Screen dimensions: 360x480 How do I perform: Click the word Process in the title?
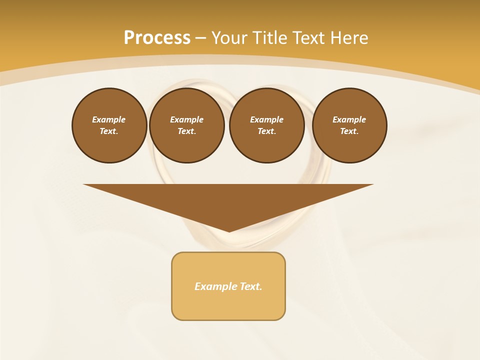tap(157, 38)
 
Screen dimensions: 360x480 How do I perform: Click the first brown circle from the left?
tap(109, 125)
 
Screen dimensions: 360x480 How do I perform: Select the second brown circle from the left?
tap(186, 125)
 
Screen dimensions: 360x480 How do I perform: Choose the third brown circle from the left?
tap(266, 125)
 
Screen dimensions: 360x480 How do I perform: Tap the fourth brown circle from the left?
tap(349, 125)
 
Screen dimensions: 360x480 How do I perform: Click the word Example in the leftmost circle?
tap(109, 119)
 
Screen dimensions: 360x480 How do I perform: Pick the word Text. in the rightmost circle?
tap(349, 131)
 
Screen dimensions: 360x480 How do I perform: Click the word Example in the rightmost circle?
tap(349, 119)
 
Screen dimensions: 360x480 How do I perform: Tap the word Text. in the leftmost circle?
tap(109, 131)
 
